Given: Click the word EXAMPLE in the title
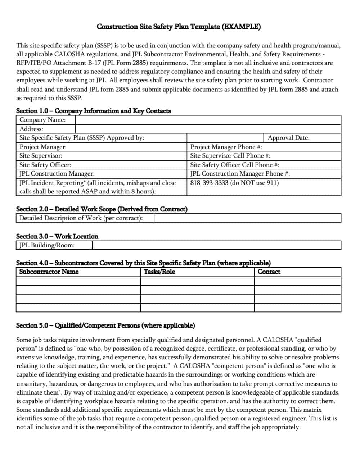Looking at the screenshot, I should point(241,27).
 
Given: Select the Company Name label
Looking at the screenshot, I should point(42,120).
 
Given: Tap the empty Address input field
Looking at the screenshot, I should point(208,129).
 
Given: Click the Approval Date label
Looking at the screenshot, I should point(288,138).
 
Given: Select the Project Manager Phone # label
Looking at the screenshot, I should point(226,147).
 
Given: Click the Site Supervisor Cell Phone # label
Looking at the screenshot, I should point(230,156).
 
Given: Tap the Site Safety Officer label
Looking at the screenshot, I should point(45,165).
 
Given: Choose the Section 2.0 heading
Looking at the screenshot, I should point(102,209).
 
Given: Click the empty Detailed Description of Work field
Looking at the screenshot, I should point(247,218).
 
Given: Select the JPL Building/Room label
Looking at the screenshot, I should point(47,245).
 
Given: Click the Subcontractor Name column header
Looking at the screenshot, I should point(49,272).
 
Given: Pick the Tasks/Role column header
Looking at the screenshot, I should point(159,272).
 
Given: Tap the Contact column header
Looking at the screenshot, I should point(269,272).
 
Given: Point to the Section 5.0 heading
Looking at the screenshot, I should point(105,325).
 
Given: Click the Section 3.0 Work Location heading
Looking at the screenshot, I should point(57,236).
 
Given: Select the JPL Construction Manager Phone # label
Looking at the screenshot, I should point(240,174).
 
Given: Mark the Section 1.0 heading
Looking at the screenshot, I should point(94,111).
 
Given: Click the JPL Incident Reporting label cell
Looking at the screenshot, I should point(98,187).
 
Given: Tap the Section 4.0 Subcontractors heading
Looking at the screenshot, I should point(143,263).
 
